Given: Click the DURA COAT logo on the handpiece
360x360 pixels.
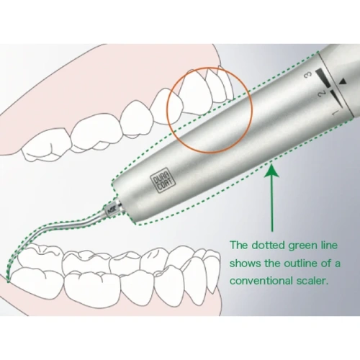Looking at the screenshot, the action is coord(163,180).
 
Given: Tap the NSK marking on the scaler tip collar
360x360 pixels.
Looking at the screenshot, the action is coord(112,211).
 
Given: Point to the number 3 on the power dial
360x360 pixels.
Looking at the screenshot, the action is coord(308,74).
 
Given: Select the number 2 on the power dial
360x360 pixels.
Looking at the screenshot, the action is coord(323,94).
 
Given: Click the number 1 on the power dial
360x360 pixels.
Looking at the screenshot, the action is coord(336,112).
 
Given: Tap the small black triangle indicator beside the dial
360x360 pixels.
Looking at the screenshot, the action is coord(343,81).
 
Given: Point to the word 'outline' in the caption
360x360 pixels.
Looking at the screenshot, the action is coord(301,264).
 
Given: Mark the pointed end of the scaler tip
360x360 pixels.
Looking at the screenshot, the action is coord(8,281).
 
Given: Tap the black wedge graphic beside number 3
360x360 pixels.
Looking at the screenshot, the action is coord(323,77).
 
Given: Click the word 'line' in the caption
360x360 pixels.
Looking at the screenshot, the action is coord(330,246).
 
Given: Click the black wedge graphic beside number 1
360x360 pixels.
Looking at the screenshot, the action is coord(336,99).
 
